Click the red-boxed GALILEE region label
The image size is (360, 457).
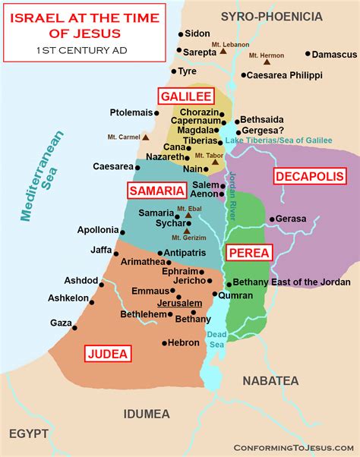pyautogui.click(x=185, y=96)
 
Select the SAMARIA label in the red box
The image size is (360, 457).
pyautogui.click(x=156, y=191)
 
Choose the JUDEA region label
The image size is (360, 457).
pyautogui.click(x=108, y=353)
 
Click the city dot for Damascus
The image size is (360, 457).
pyautogui.click(x=308, y=55)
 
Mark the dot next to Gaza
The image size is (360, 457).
pyautogui.click(x=74, y=328)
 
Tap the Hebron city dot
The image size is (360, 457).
pyautogui.click(x=164, y=343)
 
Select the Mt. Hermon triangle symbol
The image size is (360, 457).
pyautogui.click(x=266, y=63)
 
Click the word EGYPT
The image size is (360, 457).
pyautogui.click(x=29, y=433)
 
